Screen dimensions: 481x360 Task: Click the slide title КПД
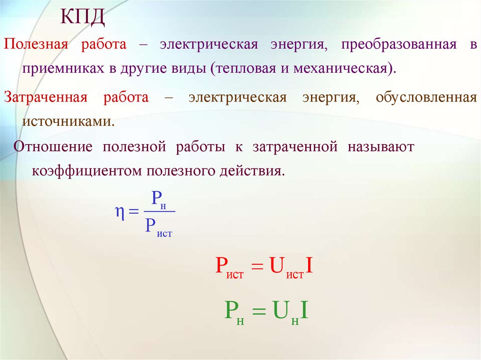pyautogui.click(x=83, y=17)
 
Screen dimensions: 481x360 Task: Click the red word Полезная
pyautogui.click(x=36, y=45)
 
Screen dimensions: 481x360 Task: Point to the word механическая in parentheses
pyautogui.click(x=340, y=69)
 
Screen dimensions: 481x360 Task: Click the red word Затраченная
pyautogui.click(x=46, y=98)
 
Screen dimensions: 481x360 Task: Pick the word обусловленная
pyautogui.click(x=427, y=98)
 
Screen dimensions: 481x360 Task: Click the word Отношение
pyautogui.click(x=53, y=146)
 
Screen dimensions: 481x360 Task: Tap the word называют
pyautogui.click(x=380, y=147)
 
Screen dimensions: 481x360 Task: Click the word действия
pyautogui.click(x=250, y=171)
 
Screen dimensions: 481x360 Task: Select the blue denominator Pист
pyautogui.click(x=158, y=228)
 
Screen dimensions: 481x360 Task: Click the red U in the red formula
pyautogui.click(x=277, y=265)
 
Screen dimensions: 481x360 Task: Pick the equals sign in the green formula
pyautogui.click(x=259, y=312)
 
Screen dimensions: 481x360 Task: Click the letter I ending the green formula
pyautogui.click(x=304, y=310)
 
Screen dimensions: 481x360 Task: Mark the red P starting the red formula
pyautogui.click(x=221, y=265)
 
